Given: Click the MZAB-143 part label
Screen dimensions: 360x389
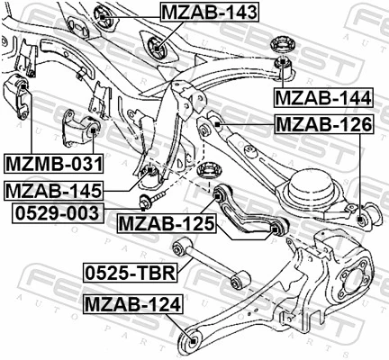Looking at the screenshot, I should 208,13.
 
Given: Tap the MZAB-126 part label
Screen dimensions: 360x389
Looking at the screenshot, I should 322,124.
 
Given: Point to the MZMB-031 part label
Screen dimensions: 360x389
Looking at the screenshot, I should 53,164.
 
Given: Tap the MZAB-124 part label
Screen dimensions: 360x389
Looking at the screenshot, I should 129,306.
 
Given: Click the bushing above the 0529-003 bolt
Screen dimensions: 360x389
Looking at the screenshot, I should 151,172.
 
